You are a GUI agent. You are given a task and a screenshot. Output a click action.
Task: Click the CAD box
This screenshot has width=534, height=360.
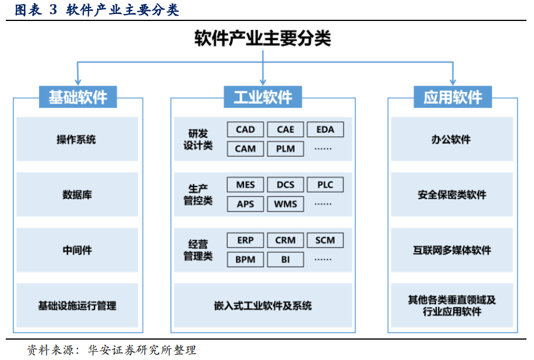coord(245,129)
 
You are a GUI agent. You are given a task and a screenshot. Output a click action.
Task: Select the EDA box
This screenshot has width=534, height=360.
coord(326,129)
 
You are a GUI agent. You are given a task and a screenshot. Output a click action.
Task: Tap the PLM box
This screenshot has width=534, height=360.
coord(285,149)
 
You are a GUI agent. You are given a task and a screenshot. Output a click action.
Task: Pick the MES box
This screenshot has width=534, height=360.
coord(245,185)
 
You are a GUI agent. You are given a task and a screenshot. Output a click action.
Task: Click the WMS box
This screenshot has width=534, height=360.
coord(285,204)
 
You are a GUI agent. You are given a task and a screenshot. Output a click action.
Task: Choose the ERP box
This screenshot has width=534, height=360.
coord(245,240)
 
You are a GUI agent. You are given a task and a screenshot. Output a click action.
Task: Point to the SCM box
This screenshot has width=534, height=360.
coord(326,240)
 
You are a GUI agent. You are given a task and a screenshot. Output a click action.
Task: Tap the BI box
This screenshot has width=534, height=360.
coord(285,260)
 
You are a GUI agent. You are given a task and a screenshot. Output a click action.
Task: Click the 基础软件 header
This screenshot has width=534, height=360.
coord(78,97)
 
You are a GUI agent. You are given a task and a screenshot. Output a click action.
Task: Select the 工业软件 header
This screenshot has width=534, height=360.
coord(263,97)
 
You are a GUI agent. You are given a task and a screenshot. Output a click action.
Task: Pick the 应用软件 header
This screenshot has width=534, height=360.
coord(452,97)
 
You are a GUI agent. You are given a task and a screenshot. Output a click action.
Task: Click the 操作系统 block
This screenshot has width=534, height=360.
coord(77,139)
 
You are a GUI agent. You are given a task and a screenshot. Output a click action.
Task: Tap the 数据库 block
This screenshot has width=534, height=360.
coord(77,195)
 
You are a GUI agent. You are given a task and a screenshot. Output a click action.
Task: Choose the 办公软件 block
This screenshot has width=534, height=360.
coord(452,139)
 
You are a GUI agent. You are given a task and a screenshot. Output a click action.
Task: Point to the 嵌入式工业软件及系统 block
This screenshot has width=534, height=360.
coord(263,305)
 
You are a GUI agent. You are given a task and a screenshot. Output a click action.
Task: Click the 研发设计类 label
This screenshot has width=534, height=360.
coord(198,139)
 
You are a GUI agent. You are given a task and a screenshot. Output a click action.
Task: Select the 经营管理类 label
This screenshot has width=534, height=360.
coord(198,250)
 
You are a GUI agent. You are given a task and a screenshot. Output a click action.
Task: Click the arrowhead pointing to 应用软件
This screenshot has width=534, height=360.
coord(453,82)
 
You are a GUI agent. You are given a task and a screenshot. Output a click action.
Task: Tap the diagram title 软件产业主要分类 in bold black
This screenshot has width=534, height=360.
coord(263,38)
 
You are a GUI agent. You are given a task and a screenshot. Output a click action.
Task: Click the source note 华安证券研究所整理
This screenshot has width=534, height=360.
coord(142,350)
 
